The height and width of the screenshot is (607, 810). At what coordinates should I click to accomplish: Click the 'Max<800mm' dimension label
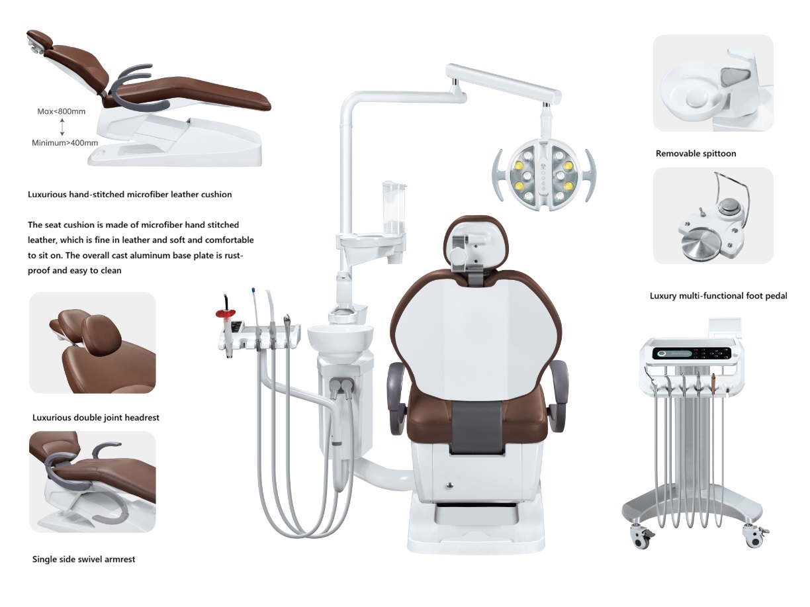62,111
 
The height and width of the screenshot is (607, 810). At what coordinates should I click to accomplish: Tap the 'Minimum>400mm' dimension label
65,143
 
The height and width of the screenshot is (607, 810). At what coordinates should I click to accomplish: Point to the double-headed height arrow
62,127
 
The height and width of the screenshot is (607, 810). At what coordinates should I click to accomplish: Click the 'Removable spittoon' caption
696,154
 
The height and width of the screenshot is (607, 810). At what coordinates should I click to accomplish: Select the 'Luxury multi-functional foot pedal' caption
718,296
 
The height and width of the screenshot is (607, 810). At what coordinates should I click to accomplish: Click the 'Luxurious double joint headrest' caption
95,417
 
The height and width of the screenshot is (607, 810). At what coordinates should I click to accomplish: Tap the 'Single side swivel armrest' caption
84,559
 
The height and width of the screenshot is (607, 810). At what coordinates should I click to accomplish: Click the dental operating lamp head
544,175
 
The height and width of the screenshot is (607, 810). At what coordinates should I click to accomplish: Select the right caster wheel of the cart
753,537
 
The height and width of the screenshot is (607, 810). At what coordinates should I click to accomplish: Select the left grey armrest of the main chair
396,398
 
